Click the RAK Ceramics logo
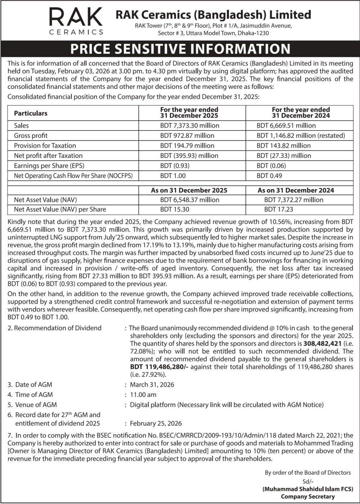76,22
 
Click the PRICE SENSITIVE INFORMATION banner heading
180,49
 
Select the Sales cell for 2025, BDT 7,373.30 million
190,126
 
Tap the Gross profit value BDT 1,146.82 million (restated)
301,136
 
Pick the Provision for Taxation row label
45,146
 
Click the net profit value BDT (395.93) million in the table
189,156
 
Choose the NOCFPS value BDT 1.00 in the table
173,176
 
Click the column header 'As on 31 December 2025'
189,190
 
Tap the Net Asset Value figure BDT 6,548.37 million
190,200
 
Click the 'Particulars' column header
31,113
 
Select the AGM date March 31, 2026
152,385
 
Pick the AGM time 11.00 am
143,395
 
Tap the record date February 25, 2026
156,423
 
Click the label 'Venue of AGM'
36,405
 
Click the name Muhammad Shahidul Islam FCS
308,489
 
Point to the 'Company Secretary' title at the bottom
308,496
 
